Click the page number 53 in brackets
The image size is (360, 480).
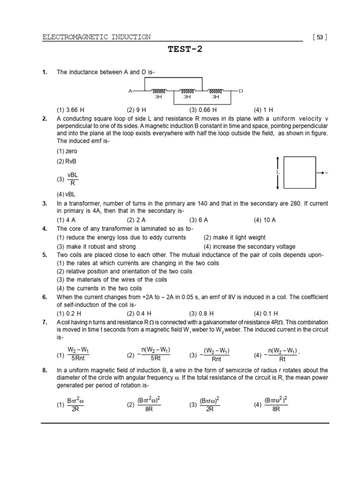(x=320, y=37)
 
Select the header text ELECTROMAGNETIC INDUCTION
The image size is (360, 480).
(x=97, y=37)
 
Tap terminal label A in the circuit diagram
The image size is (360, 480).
(x=130, y=90)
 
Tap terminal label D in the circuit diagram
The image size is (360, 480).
(x=240, y=90)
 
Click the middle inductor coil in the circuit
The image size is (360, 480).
(x=187, y=91)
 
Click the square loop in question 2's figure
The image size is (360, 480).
(x=300, y=173)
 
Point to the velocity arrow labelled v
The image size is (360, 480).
(x=322, y=173)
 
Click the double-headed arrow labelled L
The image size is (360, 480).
(x=278, y=173)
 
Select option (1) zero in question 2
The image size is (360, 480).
(x=67, y=151)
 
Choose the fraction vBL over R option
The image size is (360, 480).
(x=72, y=179)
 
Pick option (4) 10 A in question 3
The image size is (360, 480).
(x=265, y=220)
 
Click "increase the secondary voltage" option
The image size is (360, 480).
(x=249, y=246)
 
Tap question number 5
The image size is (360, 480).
(x=45, y=255)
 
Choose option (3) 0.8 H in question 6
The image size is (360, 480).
(x=202, y=314)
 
